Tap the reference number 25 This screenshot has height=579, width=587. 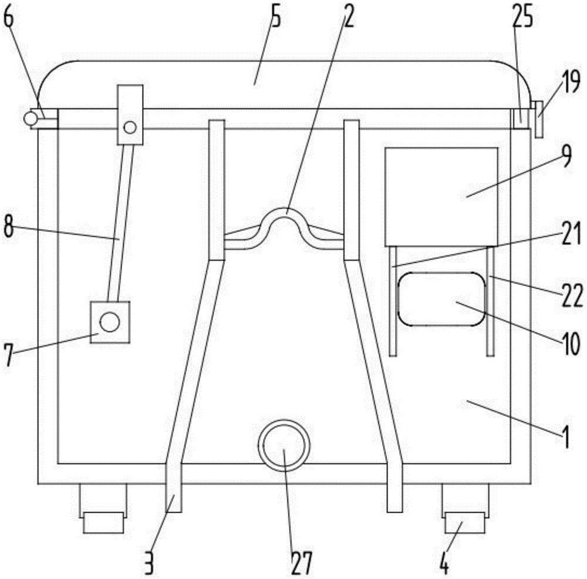point(522,16)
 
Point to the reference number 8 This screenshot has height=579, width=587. point(8,225)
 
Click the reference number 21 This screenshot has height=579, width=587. point(571,233)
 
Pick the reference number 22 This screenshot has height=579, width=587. point(572,295)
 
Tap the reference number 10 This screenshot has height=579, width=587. point(571,343)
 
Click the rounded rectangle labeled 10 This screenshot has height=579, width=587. point(442,299)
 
